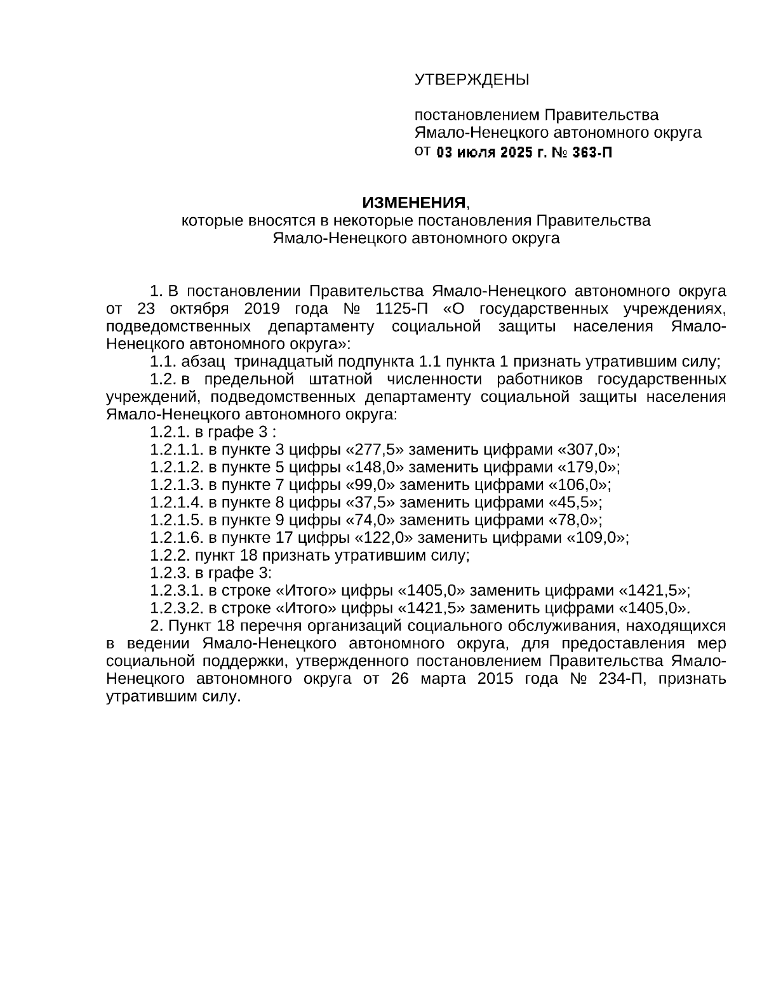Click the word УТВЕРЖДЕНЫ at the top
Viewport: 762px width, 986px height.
[472, 80]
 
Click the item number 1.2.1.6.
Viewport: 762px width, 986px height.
[177, 538]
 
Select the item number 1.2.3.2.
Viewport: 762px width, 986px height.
[177, 608]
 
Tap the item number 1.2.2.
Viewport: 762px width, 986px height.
[170, 556]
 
